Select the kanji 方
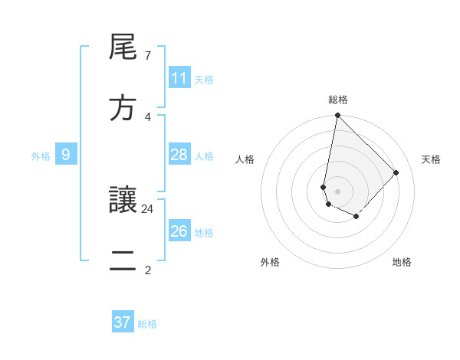coord(123,109)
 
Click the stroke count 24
coord(148,208)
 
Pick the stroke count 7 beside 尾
coord(147,56)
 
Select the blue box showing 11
coord(179,78)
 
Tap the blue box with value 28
coord(179,155)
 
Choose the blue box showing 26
coord(179,231)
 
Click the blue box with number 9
coord(66,155)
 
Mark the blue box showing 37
coord(123,322)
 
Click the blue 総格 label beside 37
coord(147,324)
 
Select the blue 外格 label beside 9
coord(41,156)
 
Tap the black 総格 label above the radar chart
coord(338,100)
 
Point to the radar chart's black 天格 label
coord(431,159)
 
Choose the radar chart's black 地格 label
coord(402,262)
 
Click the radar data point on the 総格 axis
coord(337,116)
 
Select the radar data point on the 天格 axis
coord(396,172)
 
